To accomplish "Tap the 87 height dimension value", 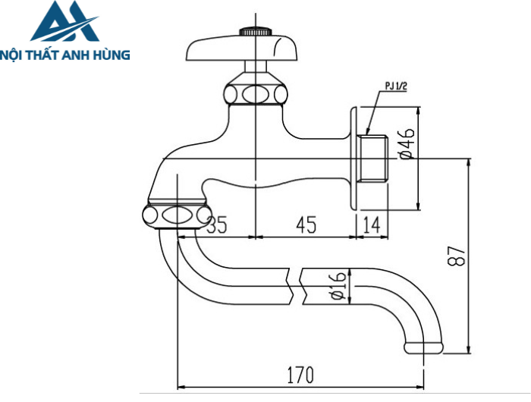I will pyautogui.click(x=454, y=257).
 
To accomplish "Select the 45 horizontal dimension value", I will pyautogui.click(x=306, y=225).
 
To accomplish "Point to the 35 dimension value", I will pyautogui.click(x=216, y=225).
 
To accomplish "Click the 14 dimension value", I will pyautogui.click(x=372, y=225).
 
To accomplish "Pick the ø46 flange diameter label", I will pyautogui.click(x=407, y=144).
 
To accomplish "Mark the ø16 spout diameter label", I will pyautogui.click(x=338, y=286).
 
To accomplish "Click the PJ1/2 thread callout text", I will pyautogui.click(x=396, y=87).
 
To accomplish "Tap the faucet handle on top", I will pyautogui.click(x=234, y=49).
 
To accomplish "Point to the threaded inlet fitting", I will pyautogui.click(x=373, y=158).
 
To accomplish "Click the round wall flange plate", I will pyautogui.click(x=353, y=158).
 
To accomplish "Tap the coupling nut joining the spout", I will pyautogui.click(x=175, y=214).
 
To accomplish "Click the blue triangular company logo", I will pyautogui.click(x=64, y=23).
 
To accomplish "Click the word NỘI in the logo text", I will pyautogui.click(x=13, y=55).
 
